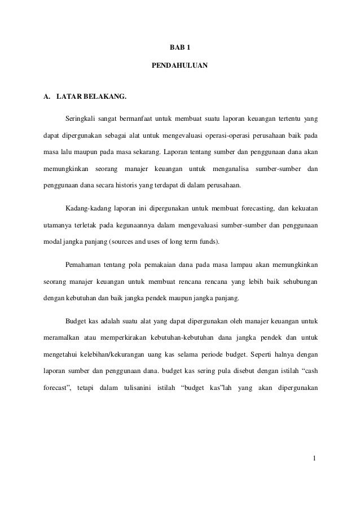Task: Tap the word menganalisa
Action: [x=230, y=169]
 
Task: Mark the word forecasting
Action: [x=254, y=209]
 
